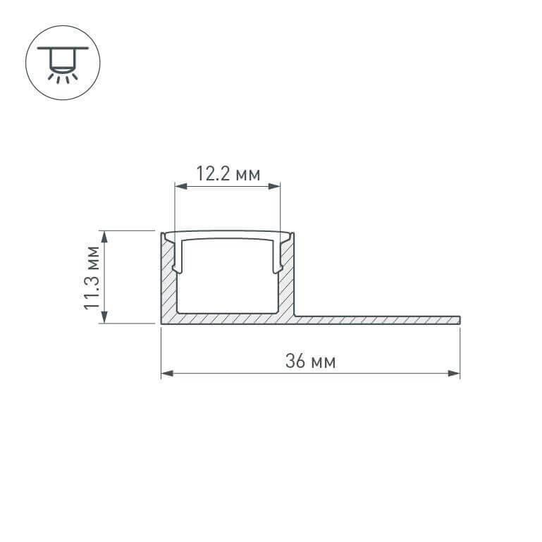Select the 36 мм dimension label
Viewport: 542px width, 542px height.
(x=311, y=362)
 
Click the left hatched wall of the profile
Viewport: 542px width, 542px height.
(x=168, y=282)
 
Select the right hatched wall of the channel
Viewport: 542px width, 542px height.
(x=288, y=282)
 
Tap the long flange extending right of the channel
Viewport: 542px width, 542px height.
(x=374, y=319)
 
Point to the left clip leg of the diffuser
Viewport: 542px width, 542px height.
(x=179, y=257)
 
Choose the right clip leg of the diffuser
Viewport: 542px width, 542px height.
(x=276, y=257)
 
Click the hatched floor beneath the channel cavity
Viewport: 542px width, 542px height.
(x=228, y=318)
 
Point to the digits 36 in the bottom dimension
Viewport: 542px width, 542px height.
(x=295, y=362)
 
